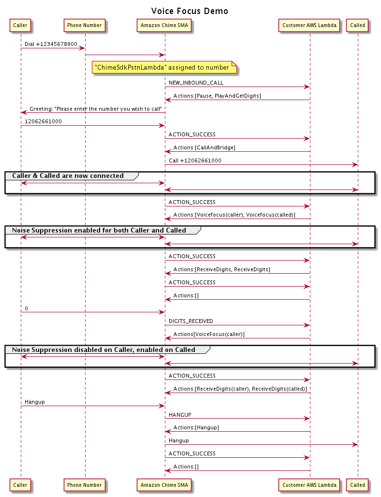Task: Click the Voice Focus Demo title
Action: pos(190,11)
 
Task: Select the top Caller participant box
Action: pos(20,25)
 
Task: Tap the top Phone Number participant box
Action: pos(84,25)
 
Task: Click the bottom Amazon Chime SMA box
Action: pos(164,485)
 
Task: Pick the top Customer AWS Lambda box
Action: pos(309,25)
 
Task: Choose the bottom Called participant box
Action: pos(357,485)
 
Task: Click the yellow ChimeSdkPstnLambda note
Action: pos(164,68)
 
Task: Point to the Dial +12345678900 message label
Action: pos(51,44)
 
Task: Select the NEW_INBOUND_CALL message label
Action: pos(196,83)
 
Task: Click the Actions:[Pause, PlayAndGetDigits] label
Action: pos(217,96)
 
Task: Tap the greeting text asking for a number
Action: pos(96,109)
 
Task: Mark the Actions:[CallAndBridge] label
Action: pos(205,147)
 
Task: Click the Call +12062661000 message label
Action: pos(195,161)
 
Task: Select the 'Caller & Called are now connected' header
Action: pos(68,175)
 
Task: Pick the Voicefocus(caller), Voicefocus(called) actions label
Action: pos(234,215)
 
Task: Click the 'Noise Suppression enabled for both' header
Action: pos(99,230)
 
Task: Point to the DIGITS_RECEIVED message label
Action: pos(191,321)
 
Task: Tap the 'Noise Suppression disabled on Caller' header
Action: pos(103,350)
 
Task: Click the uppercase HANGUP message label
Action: pos(180,415)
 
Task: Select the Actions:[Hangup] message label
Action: pos(196,427)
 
